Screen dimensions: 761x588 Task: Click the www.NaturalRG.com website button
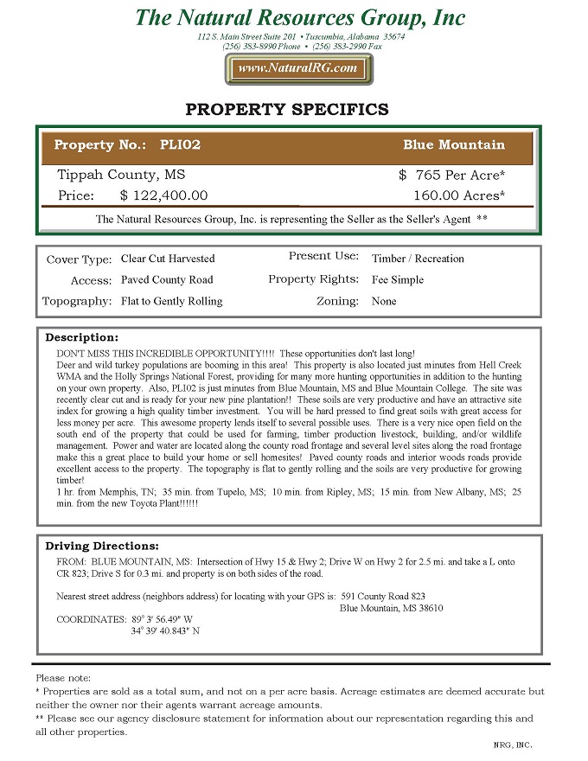[298, 68]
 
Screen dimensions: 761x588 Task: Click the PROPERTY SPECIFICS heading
[287, 110]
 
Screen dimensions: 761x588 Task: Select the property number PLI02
[180, 144]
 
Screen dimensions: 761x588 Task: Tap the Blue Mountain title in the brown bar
[453, 144]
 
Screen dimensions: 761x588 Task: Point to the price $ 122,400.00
[163, 195]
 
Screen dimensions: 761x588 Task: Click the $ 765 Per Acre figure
[451, 175]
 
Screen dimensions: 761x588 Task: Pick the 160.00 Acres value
[458, 195]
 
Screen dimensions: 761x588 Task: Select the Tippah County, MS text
[114, 175]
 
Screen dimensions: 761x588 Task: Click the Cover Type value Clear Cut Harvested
[168, 259]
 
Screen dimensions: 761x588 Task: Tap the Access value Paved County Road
[167, 280]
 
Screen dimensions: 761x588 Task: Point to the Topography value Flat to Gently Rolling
[171, 302]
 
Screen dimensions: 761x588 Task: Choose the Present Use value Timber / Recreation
[418, 259]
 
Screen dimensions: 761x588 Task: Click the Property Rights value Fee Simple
[398, 280]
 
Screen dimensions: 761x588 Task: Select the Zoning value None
[384, 302]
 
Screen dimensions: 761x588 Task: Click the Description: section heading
[81, 337]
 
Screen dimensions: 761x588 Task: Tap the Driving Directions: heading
[102, 547]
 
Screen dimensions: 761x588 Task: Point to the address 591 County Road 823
[383, 596]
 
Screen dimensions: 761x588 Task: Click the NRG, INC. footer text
[512, 745]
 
